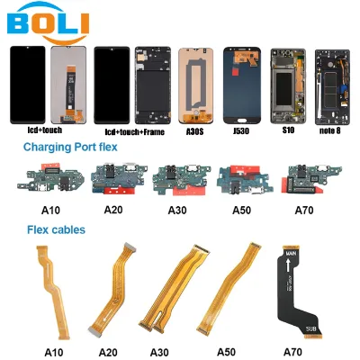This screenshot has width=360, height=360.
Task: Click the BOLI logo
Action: point(48,22)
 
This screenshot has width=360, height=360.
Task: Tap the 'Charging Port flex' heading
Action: point(70,148)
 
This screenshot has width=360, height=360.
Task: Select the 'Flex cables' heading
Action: point(56,229)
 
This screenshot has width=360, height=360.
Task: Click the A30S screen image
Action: point(195,85)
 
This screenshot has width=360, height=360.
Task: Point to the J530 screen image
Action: point(242,85)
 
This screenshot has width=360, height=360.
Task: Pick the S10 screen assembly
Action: point(288,85)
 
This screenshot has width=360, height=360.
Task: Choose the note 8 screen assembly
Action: point(332,87)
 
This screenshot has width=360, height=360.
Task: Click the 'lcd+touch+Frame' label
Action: point(135,132)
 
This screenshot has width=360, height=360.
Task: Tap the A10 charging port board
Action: point(50,178)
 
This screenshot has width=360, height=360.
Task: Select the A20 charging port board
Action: point(119,179)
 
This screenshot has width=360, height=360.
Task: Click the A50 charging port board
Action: point(245,179)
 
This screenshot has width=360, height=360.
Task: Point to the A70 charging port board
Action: point(311,178)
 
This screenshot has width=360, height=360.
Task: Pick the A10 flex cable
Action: point(54,291)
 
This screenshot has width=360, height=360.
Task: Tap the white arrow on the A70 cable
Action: point(288,265)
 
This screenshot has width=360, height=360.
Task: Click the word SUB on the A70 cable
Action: point(310,329)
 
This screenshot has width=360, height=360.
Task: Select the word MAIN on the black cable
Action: point(291,254)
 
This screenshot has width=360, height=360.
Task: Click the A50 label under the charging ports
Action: point(241,211)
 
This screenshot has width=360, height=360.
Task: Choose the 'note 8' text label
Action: point(330,130)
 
